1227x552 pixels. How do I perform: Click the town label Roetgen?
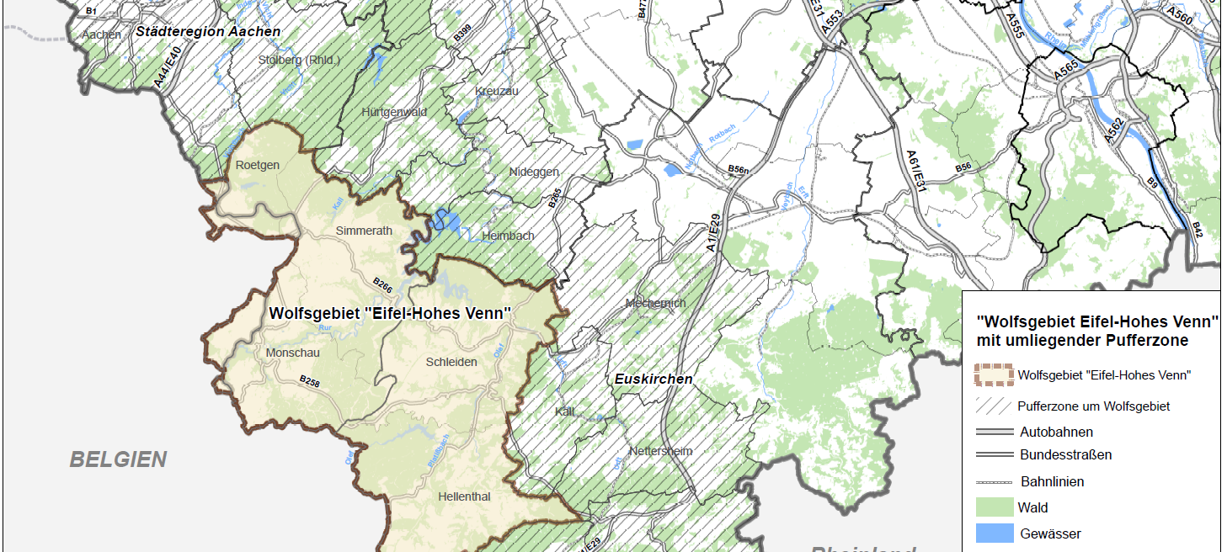coord(258,165)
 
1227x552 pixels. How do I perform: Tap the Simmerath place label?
coord(364,231)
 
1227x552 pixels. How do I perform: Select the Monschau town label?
coord(292,353)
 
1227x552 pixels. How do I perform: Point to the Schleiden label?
coord(451,362)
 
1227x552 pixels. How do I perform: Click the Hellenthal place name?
coord(464,496)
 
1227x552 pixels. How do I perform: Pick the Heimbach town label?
coord(508,236)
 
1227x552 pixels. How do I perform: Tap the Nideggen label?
coord(534,172)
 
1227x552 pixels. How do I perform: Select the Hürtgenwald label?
coord(390,111)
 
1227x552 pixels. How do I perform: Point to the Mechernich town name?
coord(656,303)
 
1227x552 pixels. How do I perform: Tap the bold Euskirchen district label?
coord(653,379)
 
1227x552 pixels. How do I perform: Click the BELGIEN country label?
coord(118,459)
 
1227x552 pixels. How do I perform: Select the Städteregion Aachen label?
coord(208,31)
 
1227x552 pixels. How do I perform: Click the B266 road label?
coord(382,285)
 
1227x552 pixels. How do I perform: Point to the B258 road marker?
coord(310,382)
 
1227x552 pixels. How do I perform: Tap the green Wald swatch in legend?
coord(993,507)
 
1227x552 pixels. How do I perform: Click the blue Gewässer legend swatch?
coord(993,533)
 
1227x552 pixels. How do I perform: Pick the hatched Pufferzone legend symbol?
coord(993,406)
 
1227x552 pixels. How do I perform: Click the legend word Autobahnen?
coord(1056,432)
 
